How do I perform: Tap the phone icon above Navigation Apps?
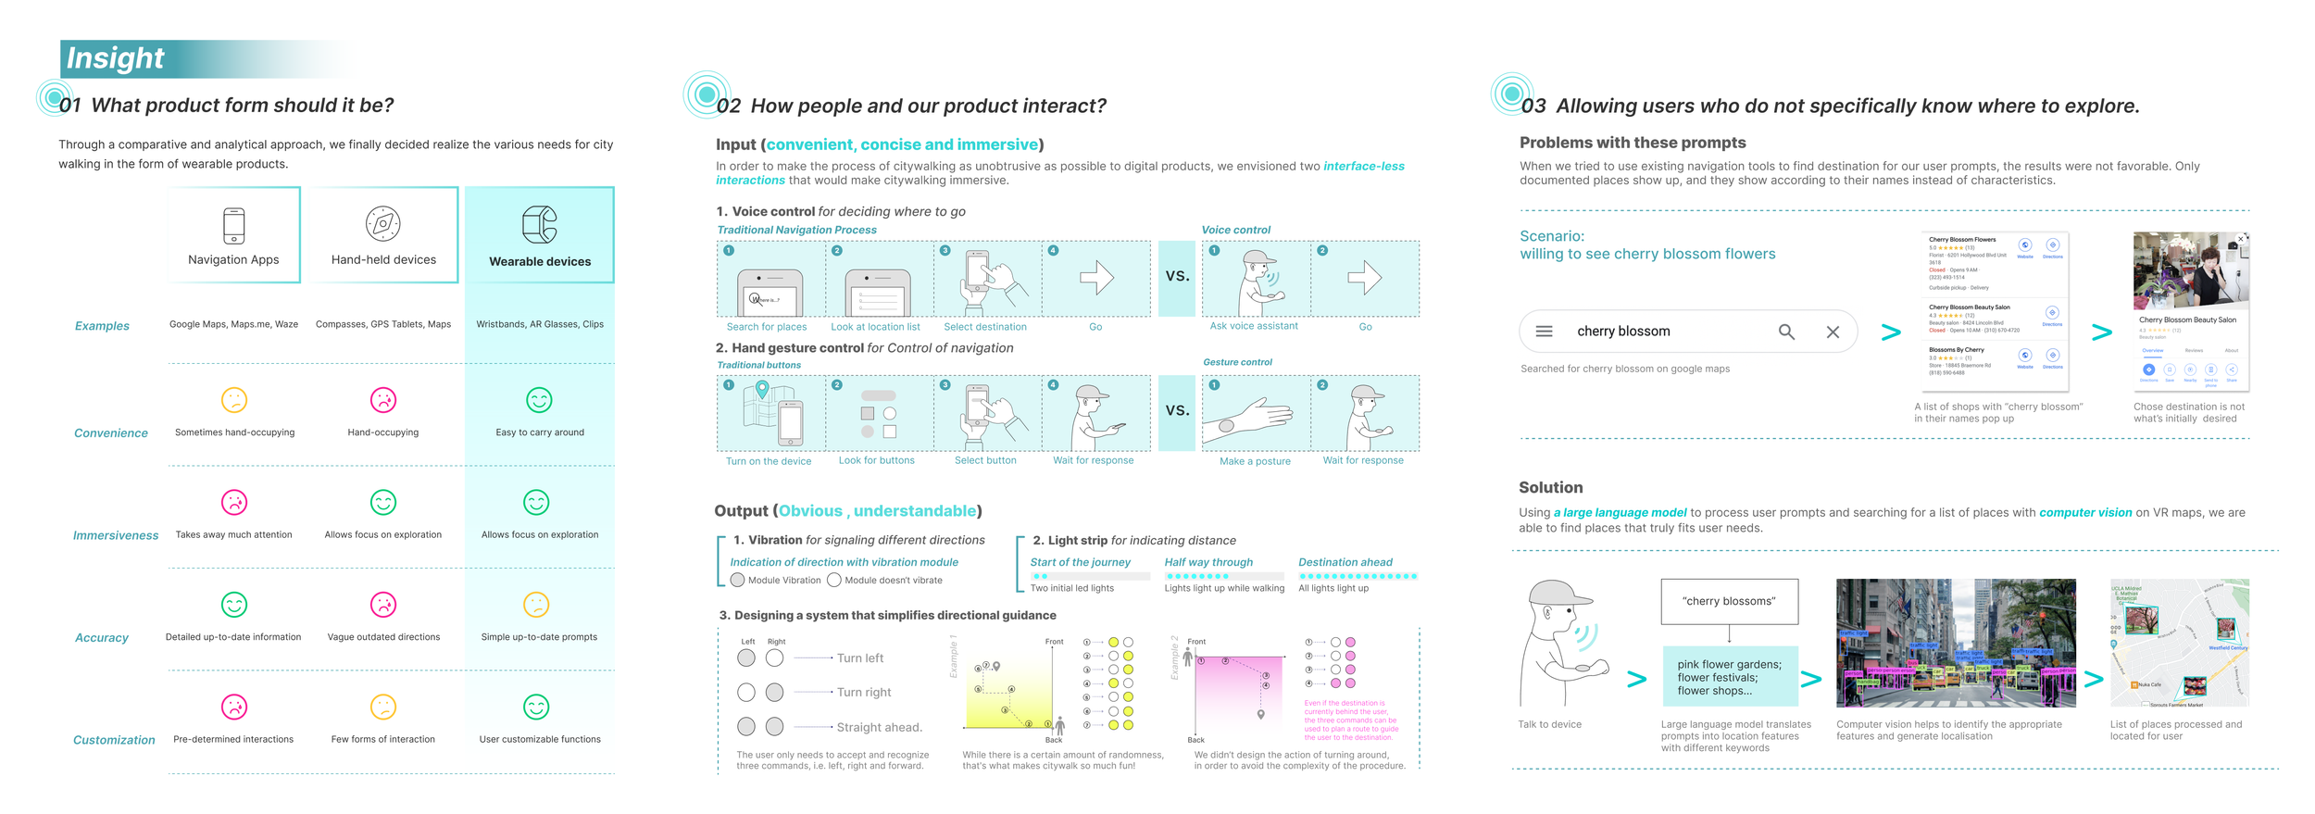point(234,225)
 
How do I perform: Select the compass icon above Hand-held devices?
point(382,223)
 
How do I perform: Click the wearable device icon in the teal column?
point(540,224)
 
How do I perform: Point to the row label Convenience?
point(111,433)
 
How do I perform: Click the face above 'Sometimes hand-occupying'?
point(234,400)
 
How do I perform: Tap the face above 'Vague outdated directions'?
point(382,605)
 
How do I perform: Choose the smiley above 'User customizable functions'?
point(536,708)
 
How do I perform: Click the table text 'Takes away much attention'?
point(233,534)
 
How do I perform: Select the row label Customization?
point(114,740)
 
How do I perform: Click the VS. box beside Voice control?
point(1177,277)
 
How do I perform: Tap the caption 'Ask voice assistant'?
point(1254,326)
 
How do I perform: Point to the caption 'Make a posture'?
point(1255,461)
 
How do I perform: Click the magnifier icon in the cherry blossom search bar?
point(1786,332)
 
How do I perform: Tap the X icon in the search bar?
point(1833,332)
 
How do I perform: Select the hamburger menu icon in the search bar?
point(1544,332)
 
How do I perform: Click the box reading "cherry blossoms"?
point(1729,601)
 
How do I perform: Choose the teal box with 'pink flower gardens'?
point(1729,677)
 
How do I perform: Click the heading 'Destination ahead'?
point(1345,562)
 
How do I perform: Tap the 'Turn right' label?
point(864,693)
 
